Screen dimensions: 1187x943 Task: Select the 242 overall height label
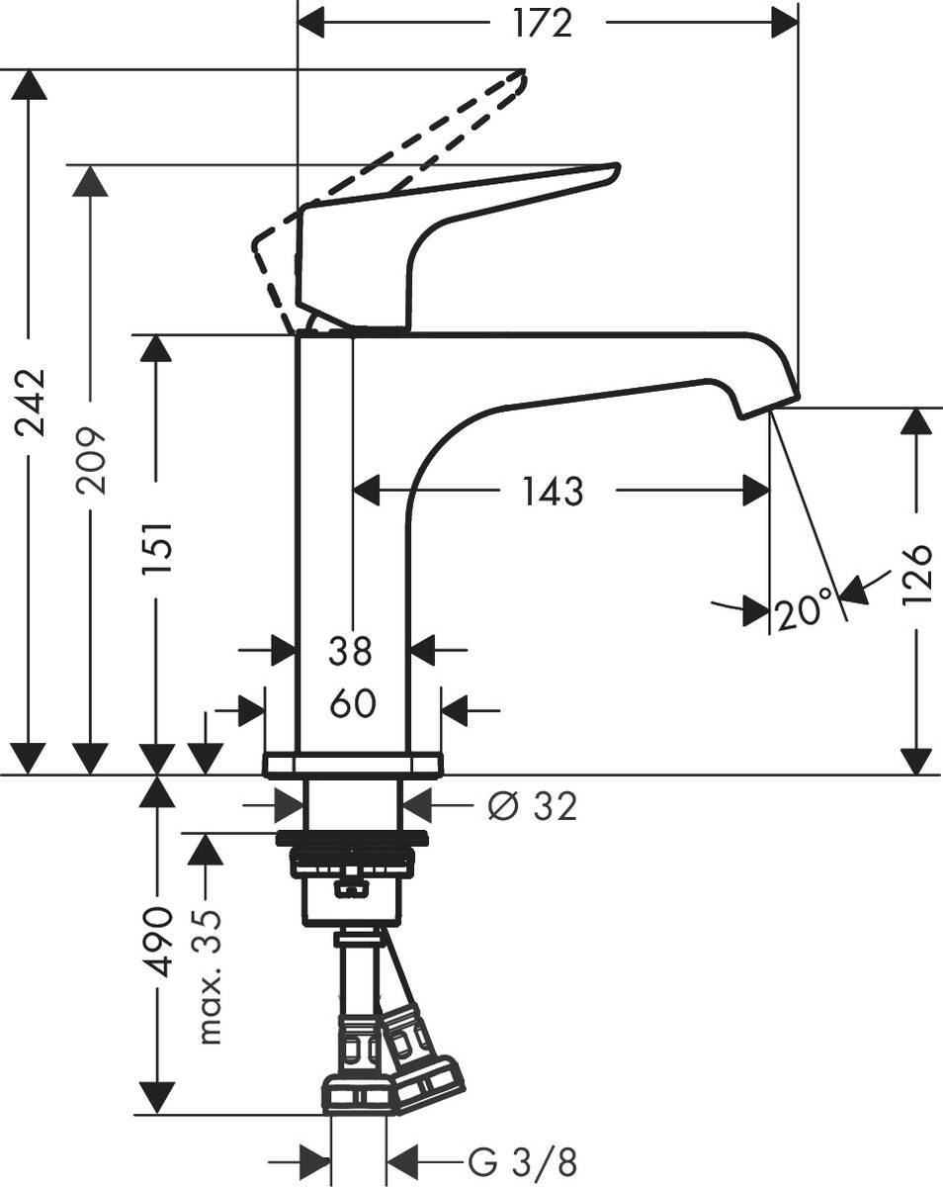(31, 402)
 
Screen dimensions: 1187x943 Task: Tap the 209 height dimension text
(91, 461)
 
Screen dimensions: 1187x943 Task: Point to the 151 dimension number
(157, 549)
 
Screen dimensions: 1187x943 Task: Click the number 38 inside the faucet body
(351, 651)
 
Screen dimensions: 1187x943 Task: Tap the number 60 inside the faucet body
(352, 704)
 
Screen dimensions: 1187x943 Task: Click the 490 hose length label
(157, 940)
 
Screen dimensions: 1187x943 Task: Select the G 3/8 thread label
(520, 1160)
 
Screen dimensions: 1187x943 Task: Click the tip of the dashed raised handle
(520, 77)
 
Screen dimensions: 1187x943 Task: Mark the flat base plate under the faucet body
(352, 764)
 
